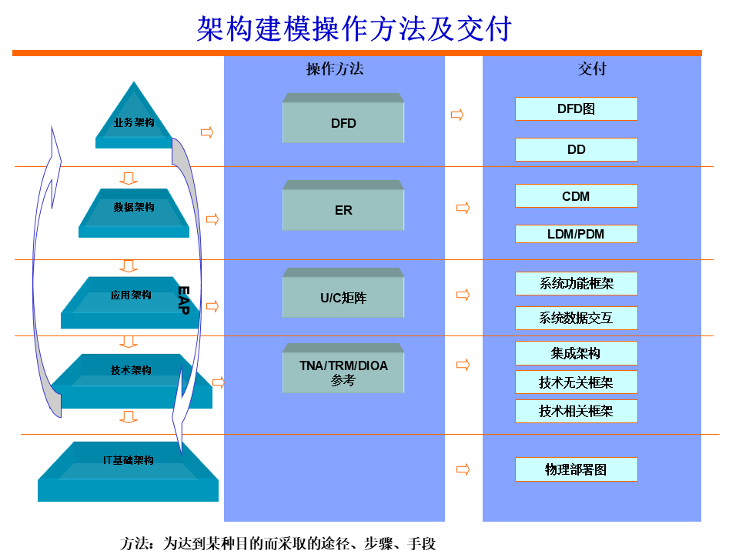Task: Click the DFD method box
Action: click(x=343, y=122)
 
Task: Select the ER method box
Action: click(x=343, y=209)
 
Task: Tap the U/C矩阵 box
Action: click(x=343, y=297)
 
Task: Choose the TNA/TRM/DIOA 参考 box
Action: click(x=343, y=372)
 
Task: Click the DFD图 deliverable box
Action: click(x=576, y=109)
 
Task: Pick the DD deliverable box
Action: click(x=576, y=149)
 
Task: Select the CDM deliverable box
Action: click(x=576, y=196)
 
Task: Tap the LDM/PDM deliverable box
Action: click(x=576, y=234)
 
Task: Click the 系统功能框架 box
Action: click(x=576, y=283)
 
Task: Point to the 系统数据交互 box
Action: click(x=576, y=318)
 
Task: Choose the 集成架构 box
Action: click(x=576, y=353)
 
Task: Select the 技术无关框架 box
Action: click(x=576, y=382)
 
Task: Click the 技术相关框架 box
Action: click(x=576, y=411)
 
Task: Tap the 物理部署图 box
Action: click(x=576, y=469)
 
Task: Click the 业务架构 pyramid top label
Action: click(x=134, y=122)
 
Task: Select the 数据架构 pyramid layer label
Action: click(x=134, y=207)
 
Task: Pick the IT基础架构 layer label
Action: click(x=129, y=460)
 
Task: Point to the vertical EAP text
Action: click(x=183, y=300)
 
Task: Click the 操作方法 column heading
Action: click(x=334, y=69)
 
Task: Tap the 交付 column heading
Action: click(x=592, y=69)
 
